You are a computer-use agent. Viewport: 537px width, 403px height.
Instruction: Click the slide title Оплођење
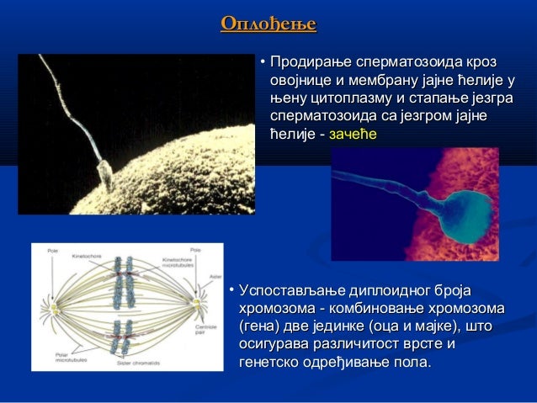[x=268, y=24]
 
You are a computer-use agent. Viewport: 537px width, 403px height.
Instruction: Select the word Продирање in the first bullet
[x=308, y=63]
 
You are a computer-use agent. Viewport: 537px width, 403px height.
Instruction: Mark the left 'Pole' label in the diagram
[x=52, y=250]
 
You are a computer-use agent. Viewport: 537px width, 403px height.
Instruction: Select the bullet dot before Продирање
[x=263, y=64]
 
